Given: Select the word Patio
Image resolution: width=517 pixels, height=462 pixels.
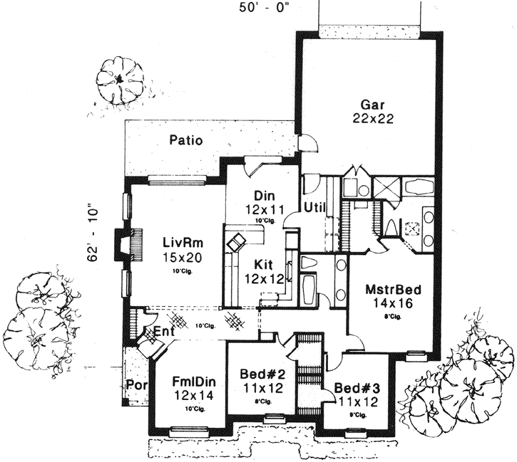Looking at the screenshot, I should tap(186, 140).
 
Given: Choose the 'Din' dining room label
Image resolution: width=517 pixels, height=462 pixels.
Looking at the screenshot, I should tap(260, 196).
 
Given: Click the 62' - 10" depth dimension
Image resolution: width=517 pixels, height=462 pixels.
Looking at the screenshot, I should tap(92, 235).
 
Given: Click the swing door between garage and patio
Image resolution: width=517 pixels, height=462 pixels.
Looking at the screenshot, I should tap(307, 143).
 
